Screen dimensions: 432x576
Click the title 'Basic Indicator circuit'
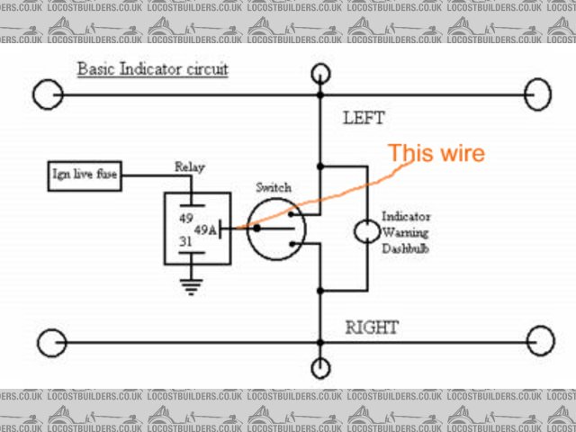[x=152, y=69]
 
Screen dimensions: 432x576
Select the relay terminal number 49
[x=186, y=217]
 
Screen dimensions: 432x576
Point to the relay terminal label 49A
[x=206, y=229]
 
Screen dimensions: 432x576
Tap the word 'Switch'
[x=273, y=187]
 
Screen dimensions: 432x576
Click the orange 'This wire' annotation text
[x=436, y=153]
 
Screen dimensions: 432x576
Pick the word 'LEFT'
[x=364, y=118]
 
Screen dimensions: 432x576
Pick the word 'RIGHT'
[x=371, y=328]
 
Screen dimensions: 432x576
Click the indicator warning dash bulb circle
[x=366, y=231]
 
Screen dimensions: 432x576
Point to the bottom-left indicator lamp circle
[x=50, y=343]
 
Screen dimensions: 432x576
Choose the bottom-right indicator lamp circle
[x=541, y=343]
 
